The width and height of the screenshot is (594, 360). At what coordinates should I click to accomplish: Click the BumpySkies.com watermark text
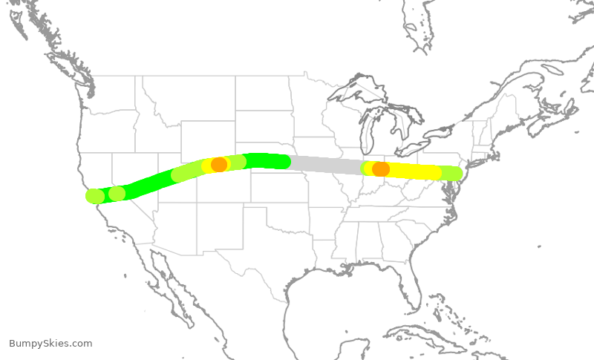50,344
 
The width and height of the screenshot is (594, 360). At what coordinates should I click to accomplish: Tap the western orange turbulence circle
219,164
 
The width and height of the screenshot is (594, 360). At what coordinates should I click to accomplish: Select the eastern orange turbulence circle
381,168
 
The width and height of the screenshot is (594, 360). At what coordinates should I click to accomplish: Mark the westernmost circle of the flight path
95,196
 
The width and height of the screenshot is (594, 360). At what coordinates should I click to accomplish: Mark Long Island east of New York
479,159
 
